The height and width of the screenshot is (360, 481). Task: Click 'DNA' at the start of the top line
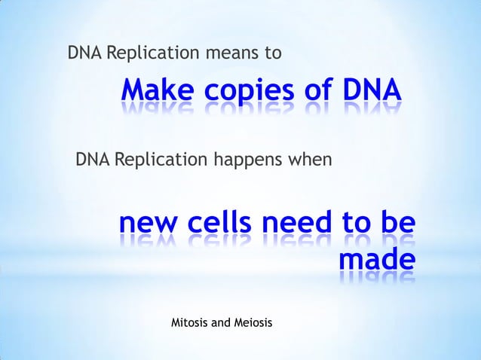pos(84,54)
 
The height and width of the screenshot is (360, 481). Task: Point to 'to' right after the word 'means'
pos(274,54)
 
